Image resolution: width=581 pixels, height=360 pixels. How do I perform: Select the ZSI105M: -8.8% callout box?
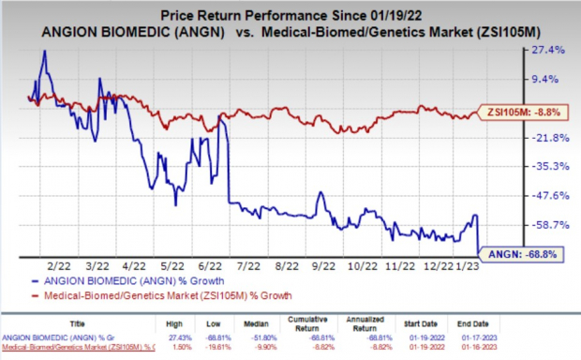click(520, 112)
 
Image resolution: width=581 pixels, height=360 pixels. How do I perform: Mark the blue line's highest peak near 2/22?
click(44, 52)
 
